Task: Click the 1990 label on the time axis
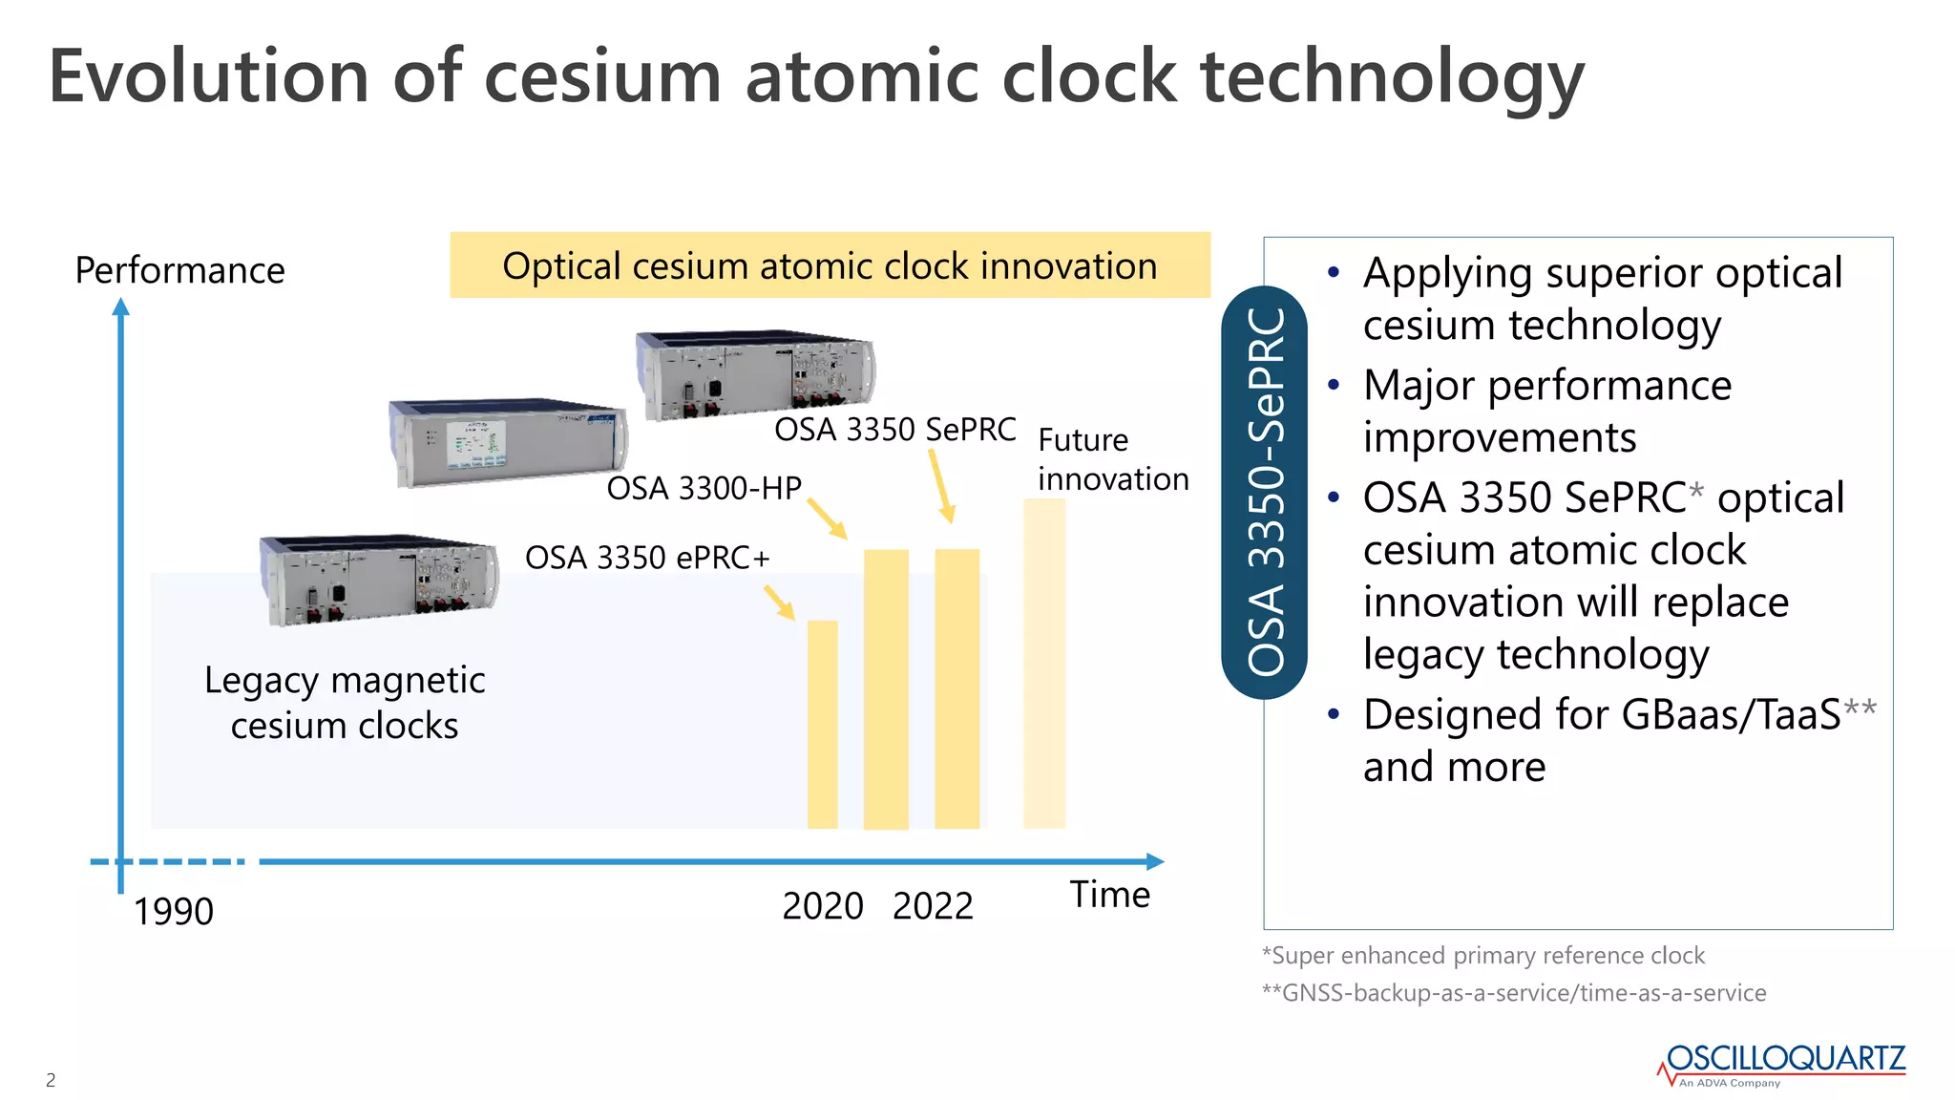173,911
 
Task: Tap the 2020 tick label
822,905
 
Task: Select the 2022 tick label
933,905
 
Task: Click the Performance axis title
179,270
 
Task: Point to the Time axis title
1109,895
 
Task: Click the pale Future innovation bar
1043,664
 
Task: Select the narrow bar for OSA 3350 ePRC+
822,724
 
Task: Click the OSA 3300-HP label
704,488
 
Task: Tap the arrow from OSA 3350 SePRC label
941,485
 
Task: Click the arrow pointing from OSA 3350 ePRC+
779,602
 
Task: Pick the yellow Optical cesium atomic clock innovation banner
830,265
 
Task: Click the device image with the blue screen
508,443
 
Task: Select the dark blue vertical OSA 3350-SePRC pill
1264,492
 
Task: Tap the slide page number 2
51,1080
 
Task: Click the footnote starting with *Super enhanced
1482,955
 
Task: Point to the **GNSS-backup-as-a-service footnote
1513,992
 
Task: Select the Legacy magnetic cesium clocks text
345,702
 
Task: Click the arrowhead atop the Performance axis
120,307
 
